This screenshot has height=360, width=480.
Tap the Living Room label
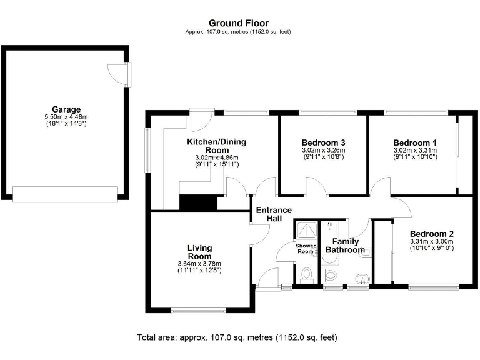click(x=199, y=252)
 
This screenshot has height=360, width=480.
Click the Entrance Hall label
click(x=274, y=214)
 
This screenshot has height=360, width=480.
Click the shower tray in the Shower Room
click(x=306, y=230)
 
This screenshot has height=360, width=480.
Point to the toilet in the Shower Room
click(x=306, y=274)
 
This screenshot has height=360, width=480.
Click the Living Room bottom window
click(x=199, y=310)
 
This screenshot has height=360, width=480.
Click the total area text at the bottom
click(x=237, y=337)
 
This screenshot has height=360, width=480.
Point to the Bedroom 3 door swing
click(x=316, y=186)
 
